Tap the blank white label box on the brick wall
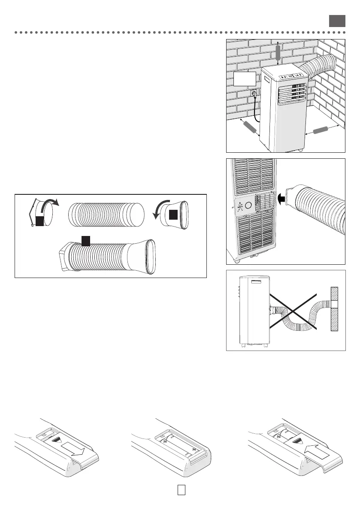click(245, 79)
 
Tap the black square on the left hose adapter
click(39, 221)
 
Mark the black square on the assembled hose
click(85, 241)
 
